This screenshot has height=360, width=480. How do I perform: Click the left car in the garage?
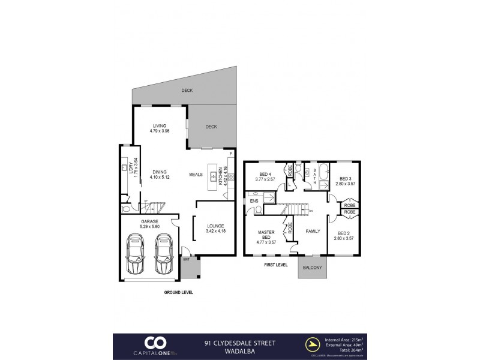point(136,253)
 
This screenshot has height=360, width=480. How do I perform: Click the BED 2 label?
point(344,236)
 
